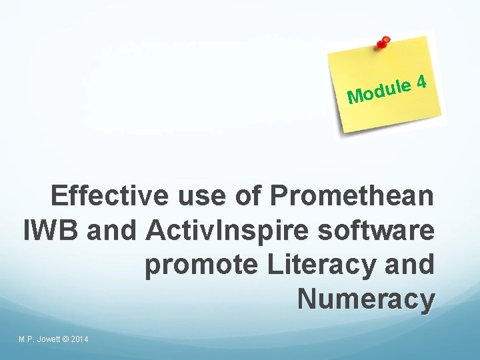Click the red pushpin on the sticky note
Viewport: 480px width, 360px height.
coord(383,43)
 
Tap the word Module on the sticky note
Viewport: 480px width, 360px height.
coord(377,93)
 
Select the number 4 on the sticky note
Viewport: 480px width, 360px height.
coord(421,83)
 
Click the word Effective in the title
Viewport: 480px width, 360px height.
coord(111,197)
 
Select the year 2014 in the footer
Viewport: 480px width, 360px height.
coord(79,340)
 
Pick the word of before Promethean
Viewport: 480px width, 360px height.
coord(249,197)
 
